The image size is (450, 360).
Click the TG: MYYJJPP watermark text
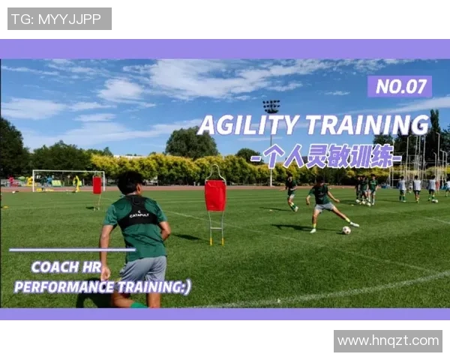pyautogui.click(x=56, y=19)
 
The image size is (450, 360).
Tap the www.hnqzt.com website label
pyautogui.click(x=388, y=340)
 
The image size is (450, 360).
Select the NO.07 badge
pyautogui.click(x=400, y=86)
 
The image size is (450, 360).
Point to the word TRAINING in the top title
pyautogui.click(x=368, y=125)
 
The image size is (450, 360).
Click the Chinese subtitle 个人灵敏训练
pyautogui.click(x=326, y=156)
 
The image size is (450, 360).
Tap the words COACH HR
pyautogui.click(x=66, y=267)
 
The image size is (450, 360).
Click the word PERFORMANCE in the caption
pyautogui.click(x=64, y=287)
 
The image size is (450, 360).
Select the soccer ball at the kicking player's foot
pyautogui.click(x=346, y=230)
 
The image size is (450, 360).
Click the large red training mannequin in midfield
pyautogui.click(x=215, y=195)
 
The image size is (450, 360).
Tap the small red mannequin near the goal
pyautogui.click(x=97, y=185)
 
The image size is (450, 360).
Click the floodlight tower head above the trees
pyautogui.click(x=271, y=106)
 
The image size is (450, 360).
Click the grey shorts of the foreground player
pyautogui.click(x=143, y=269)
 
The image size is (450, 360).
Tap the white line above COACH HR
pyautogui.click(x=72, y=250)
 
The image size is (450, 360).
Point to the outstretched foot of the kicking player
pyautogui.click(x=355, y=224)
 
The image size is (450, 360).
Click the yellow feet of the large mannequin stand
pyautogui.click(x=217, y=241)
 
